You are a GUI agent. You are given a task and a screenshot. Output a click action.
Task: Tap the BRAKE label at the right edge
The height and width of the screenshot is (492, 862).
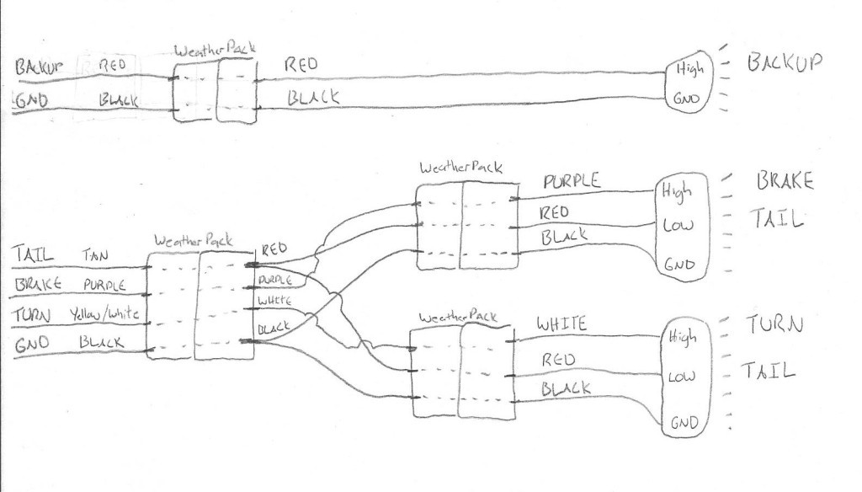coord(785,181)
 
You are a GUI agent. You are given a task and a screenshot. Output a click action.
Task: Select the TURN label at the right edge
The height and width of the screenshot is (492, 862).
coord(774,324)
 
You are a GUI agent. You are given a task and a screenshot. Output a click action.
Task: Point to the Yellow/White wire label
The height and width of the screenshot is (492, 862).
coord(109,314)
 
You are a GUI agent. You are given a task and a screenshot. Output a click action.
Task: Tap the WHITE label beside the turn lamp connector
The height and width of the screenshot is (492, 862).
coord(561,324)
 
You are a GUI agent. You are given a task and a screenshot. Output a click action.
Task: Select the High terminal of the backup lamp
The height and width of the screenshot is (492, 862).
coord(684,69)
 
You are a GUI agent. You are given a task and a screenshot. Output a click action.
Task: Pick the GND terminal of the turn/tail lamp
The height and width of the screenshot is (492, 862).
coord(684,424)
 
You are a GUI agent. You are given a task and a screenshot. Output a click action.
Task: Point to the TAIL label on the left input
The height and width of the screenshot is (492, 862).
coord(34,254)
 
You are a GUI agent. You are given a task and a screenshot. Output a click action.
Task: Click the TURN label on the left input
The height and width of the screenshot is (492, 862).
coord(33,315)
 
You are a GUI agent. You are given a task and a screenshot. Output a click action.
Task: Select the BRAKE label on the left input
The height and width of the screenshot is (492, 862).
coord(37,285)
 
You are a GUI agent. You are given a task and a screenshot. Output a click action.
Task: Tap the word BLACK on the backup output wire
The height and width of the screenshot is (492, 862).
coord(313,98)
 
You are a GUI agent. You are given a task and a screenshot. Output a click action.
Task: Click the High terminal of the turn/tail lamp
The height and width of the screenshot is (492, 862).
coord(684,337)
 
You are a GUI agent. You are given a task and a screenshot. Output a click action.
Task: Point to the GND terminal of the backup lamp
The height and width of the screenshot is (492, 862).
coord(685,99)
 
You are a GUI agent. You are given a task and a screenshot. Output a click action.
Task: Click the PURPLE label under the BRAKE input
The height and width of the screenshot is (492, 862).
coord(104,285)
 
